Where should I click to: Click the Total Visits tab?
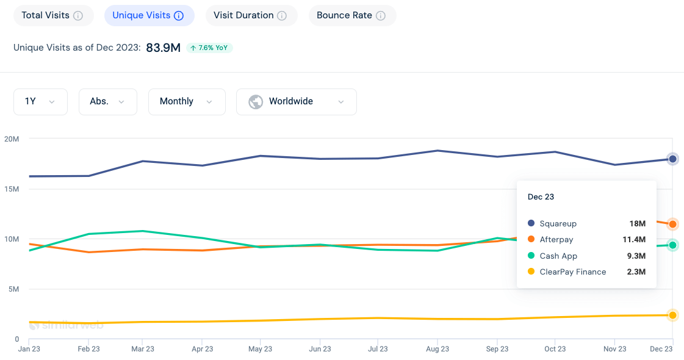52,15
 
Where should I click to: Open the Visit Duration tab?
250,15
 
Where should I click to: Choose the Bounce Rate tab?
351,15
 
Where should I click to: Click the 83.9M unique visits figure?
163,48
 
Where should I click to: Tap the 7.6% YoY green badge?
209,48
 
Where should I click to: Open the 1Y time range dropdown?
40,101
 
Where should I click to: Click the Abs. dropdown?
107,101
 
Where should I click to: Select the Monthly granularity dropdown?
186,101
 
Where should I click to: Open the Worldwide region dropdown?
296,101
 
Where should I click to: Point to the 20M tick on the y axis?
12,139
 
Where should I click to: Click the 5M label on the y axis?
13,289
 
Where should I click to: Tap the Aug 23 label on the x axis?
437,349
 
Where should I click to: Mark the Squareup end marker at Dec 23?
672,159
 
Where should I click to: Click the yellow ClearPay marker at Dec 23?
672,315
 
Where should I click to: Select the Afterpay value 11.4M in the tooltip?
637,240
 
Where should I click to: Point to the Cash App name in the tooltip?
558,256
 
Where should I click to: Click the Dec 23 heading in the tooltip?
541,197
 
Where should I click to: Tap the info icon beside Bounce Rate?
381,16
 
